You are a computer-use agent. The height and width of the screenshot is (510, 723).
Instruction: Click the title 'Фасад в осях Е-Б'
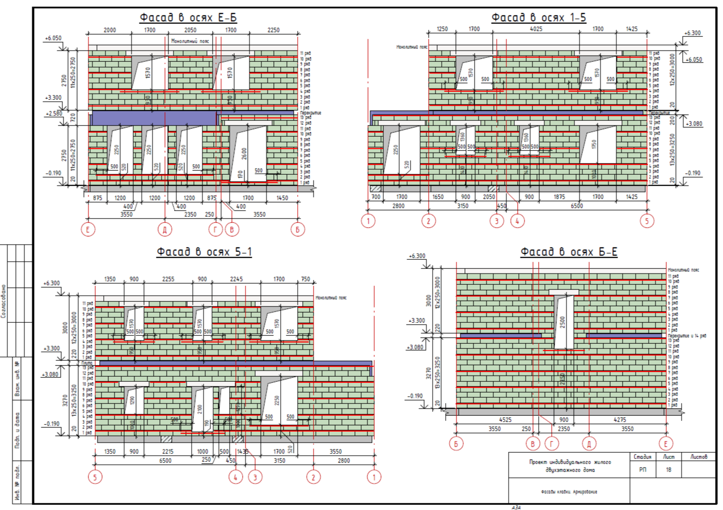click(x=188, y=18)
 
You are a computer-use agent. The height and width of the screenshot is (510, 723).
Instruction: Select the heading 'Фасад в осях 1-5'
click(x=539, y=18)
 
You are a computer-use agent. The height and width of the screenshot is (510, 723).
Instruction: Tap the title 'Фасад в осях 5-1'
click(x=204, y=252)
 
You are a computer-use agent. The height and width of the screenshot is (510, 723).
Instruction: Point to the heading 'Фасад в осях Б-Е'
click(x=569, y=252)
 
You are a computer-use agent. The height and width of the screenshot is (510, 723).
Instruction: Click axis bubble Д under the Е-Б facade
click(x=165, y=229)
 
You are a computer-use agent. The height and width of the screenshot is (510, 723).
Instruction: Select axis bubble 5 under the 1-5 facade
click(x=647, y=221)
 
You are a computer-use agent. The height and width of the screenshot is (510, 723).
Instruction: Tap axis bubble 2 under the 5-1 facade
click(x=313, y=478)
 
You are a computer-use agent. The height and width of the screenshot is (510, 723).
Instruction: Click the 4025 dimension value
click(x=536, y=29)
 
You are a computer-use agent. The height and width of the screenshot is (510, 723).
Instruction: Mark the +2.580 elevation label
click(x=53, y=114)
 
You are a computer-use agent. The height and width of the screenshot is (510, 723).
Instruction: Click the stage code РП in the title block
click(x=642, y=470)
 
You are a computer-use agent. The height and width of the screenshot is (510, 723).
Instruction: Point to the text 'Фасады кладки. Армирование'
click(x=569, y=492)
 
